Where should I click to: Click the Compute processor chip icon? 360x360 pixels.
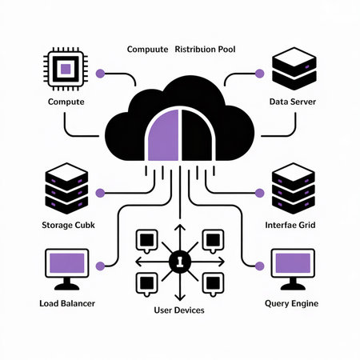coord(64,70)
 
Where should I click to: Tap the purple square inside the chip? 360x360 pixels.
coord(64,70)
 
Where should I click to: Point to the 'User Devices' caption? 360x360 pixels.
coord(179,308)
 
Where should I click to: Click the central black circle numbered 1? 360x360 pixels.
coord(179,261)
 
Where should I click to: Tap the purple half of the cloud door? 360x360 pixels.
coord(163,134)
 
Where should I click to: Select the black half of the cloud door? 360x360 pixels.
coord(196,134)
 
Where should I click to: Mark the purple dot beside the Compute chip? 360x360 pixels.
coord(100,73)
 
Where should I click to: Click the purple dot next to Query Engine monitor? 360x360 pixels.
coord(259,266)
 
